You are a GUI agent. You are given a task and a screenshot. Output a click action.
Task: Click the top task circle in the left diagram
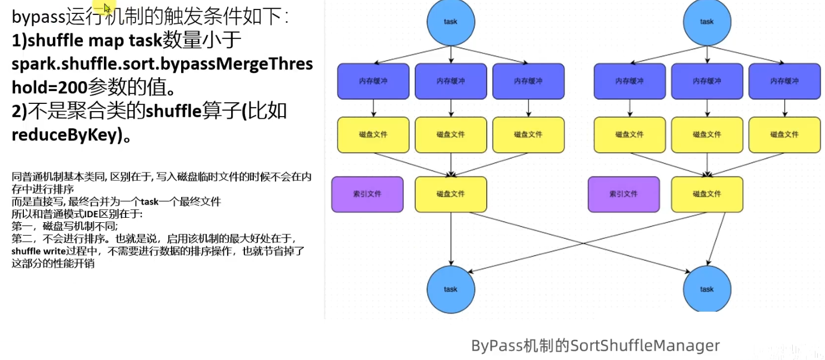point(451,22)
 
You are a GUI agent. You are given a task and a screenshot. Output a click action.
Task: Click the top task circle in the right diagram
point(707,22)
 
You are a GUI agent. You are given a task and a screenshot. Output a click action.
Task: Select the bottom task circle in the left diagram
point(451,289)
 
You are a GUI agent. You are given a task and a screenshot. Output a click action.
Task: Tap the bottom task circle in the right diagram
point(707,289)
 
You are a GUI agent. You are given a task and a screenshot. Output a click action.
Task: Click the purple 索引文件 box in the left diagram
point(367,194)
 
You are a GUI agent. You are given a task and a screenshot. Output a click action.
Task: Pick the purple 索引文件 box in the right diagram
point(623,194)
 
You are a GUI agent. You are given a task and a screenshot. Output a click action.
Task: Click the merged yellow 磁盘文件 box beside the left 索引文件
point(451,194)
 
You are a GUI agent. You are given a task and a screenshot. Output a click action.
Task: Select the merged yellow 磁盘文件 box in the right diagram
point(707,194)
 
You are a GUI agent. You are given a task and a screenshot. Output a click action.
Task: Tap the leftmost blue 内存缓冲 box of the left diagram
point(373,81)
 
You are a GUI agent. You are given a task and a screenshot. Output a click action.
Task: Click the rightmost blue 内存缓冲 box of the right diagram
point(784,81)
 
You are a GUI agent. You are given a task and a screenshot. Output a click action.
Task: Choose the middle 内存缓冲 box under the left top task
point(451,81)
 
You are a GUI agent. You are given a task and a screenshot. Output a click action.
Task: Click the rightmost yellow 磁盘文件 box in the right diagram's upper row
point(784,135)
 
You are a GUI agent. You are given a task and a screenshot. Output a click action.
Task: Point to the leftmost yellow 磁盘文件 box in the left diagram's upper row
point(373,135)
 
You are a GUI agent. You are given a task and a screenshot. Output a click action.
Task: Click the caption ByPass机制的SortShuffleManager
point(595,346)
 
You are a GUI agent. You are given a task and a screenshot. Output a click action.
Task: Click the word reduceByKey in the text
point(66,135)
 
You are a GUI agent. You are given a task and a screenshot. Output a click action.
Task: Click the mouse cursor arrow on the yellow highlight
point(107,7)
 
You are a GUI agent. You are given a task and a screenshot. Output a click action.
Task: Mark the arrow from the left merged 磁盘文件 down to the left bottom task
point(451,239)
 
